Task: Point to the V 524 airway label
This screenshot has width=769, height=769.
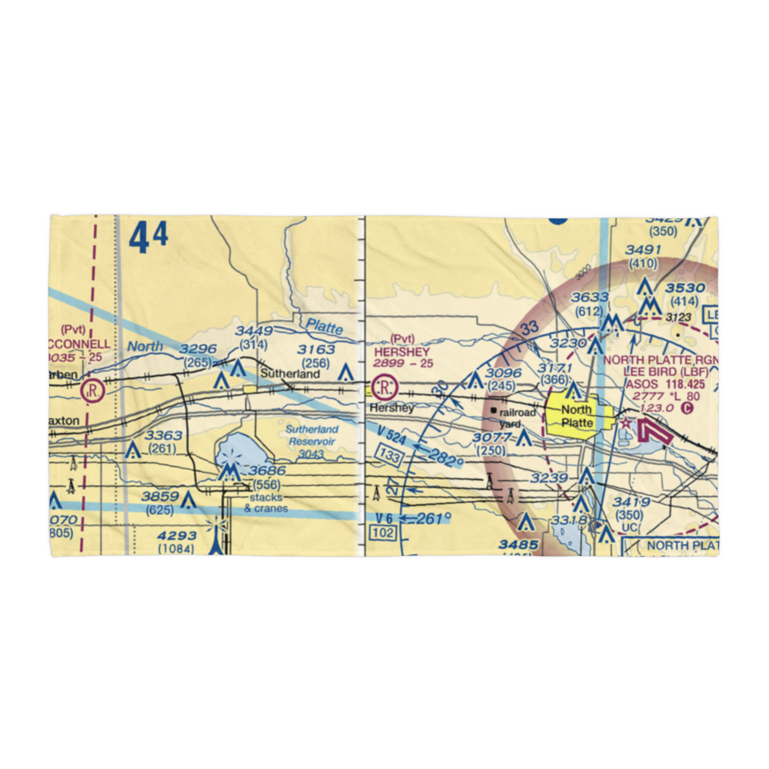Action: click(x=392, y=438)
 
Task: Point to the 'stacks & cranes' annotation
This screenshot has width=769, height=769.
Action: click(x=266, y=503)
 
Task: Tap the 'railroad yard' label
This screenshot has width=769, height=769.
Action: click(x=515, y=418)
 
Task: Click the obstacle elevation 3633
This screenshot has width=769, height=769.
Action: click(x=590, y=298)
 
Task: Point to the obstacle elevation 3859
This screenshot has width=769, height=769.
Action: click(x=160, y=497)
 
